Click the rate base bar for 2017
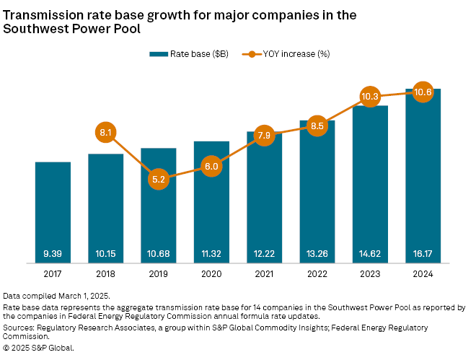coord(53,209)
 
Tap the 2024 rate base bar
coord(423,180)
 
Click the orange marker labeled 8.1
coord(105,133)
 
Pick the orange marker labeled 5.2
coord(159,179)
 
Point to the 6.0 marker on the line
coord(211,167)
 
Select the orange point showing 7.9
coord(264,135)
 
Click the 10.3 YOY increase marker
coord(370,97)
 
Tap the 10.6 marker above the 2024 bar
coord(423,92)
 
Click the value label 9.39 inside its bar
coord(53,254)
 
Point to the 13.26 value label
coord(317,254)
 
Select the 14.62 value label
coord(370,254)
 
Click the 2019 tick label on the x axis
coord(159,274)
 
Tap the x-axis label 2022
coord(317,274)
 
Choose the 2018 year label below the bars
coord(105,274)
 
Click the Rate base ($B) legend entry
coord(189,53)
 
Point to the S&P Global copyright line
coord(39,347)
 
